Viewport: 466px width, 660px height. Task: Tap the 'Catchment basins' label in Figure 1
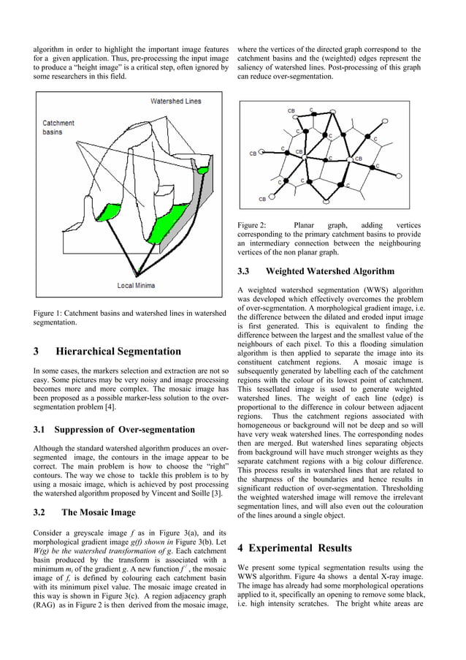(58, 128)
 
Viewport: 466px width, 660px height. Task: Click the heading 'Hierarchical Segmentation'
(118, 351)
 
